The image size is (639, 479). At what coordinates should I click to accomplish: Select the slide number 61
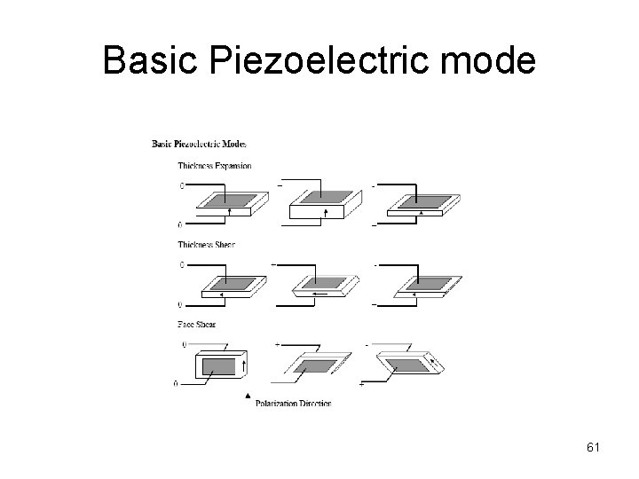click(593, 446)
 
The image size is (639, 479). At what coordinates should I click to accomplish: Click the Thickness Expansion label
click(214, 165)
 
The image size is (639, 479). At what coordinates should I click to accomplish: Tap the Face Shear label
click(198, 324)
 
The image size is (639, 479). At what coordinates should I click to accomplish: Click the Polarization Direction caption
click(293, 403)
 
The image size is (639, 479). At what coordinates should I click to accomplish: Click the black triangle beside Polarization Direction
click(248, 397)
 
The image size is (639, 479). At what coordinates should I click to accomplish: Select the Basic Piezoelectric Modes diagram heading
click(199, 143)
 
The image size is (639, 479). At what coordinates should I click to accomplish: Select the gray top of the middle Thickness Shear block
click(324, 280)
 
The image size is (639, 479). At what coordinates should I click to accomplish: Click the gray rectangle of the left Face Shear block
click(219, 365)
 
